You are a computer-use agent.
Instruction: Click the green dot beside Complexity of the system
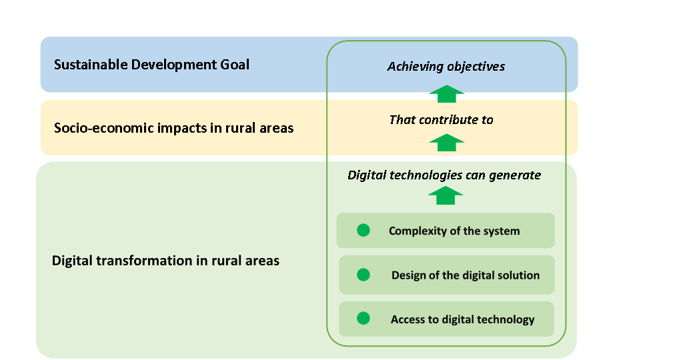pyautogui.click(x=364, y=230)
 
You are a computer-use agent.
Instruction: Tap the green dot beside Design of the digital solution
pyautogui.click(x=364, y=275)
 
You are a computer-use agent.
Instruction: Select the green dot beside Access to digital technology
pyautogui.click(x=364, y=318)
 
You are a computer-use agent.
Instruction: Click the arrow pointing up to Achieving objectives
pyautogui.click(x=446, y=94)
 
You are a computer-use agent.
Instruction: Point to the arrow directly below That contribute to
pyautogui.click(x=446, y=143)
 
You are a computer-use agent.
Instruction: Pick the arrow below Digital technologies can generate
pyautogui.click(x=446, y=195)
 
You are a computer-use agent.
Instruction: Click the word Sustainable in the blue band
pyautogui.click(x=91, y=65)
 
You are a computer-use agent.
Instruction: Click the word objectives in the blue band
pyautogui.click(x=476, y=67)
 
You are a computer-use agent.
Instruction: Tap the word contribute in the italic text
pyautogui.click(x=449, y=120)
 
